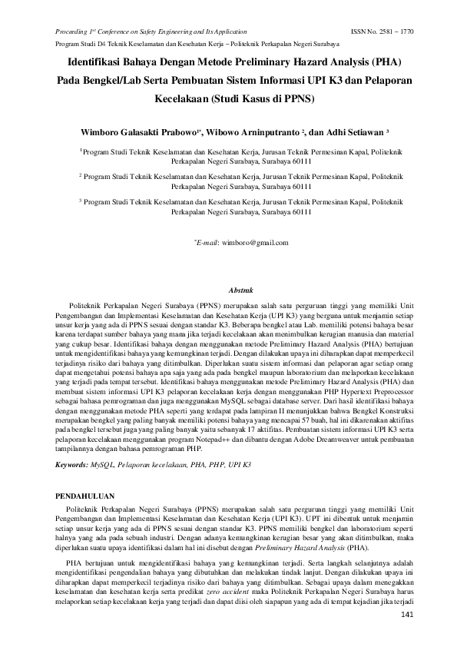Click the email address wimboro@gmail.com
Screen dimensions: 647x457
point(254,243)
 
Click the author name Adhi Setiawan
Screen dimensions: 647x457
point(351,131)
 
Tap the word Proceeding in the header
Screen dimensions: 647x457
point(73,32)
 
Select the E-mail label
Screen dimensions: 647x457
point(208,243)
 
